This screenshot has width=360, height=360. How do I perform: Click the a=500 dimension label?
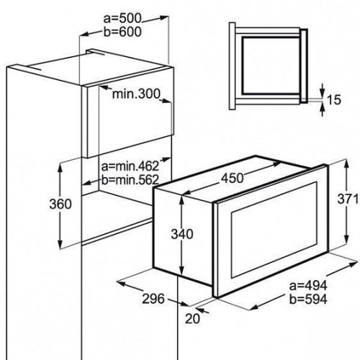click(122, 19)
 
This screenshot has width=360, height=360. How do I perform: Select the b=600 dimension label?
click(122, 32)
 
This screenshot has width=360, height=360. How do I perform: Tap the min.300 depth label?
click(136, 94)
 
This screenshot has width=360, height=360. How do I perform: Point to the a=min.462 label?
click(130, 166)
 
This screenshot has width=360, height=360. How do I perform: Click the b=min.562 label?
click(130, 179)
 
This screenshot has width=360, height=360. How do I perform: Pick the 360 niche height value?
click(60, 204)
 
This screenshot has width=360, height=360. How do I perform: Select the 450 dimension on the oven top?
click(232, 178)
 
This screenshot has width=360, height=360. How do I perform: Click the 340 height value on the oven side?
click(182, 234)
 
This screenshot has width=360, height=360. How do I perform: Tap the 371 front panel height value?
click(348, 199)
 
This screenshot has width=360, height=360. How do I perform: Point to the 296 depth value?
click(153, 299)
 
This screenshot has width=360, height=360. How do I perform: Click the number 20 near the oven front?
click(192, 319)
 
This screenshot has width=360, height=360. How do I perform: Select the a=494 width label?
click(308, 286)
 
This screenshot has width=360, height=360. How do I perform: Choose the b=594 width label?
click(308, 300)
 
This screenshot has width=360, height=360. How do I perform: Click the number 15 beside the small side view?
click(333, 100)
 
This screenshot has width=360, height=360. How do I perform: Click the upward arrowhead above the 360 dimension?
click(60, 168)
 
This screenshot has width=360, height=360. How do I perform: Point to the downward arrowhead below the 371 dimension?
click(346, 240)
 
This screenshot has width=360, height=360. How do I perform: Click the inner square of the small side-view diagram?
click(271, 66)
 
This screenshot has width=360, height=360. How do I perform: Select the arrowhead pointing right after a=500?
click(163, 17)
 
